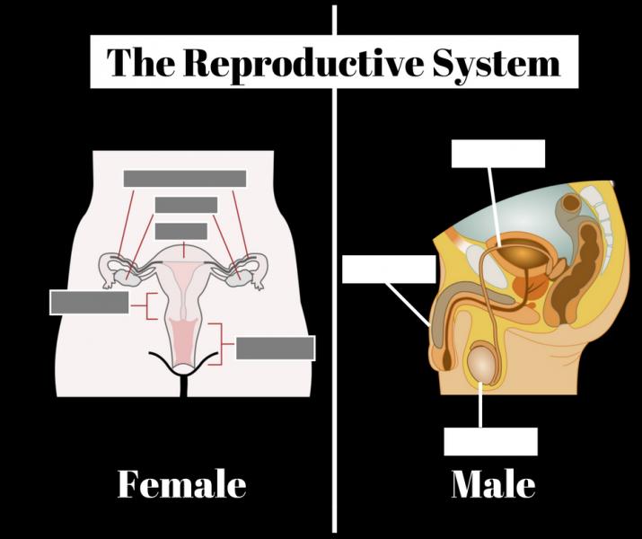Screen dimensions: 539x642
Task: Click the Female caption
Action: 182,485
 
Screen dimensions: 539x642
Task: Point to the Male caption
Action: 493,485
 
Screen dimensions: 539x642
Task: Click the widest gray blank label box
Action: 185,179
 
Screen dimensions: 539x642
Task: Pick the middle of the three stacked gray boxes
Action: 186,205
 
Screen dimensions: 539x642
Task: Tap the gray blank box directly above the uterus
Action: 181,231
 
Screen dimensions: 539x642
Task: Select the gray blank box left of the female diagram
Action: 89,303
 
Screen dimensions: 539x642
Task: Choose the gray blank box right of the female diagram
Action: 275,348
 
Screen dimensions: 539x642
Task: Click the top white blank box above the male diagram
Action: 497,153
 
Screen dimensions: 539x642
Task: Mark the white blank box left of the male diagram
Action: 389,269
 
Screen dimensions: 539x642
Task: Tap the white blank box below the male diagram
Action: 491,441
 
